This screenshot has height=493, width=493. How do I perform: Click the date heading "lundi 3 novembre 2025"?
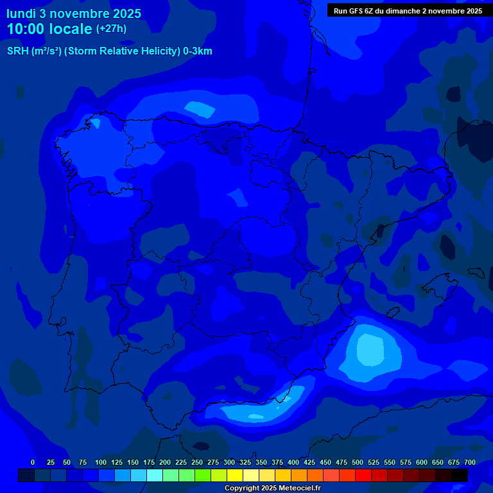click(74, 13)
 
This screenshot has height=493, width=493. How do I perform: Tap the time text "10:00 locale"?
click(49, 29)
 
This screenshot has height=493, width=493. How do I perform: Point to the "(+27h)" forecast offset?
click(111, 29)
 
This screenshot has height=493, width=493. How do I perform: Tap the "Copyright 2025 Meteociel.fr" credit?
click(272, 488)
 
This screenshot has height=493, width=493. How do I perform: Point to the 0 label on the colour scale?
click(33, 462)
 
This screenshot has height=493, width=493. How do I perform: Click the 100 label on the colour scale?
click(101, 462)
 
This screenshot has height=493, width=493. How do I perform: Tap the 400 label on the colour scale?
click(293, 462)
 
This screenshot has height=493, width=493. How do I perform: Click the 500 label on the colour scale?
click(358, 462)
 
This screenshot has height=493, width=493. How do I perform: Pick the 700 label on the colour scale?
click(470, 462)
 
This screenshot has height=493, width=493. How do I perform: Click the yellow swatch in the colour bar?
click(235, 475)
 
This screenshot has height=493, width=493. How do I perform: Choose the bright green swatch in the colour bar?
click(203, 475)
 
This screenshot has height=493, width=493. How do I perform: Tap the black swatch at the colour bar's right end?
click(460, 475)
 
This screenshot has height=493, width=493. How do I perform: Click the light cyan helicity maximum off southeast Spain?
click(369, 350)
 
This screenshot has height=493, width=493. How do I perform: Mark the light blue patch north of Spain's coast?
click(200, 108)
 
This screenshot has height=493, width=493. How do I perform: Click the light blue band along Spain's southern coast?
click(257, 411)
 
